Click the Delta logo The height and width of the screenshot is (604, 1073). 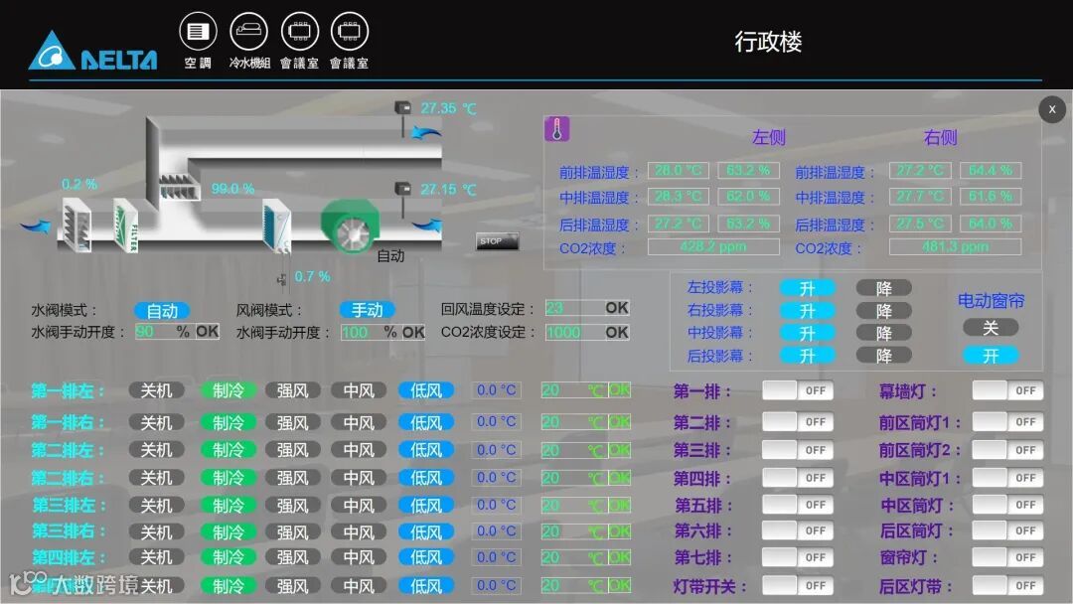point(92,51)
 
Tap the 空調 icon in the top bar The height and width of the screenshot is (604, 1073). point(198,32)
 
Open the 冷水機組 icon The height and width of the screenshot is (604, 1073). point(248,32)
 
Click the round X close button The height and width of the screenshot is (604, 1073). point(1052,109)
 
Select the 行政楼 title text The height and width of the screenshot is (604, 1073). point(768,42)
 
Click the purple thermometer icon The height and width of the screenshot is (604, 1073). point(556,129)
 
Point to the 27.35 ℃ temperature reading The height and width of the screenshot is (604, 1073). point(448,108)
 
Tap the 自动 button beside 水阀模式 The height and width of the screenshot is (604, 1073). point(162,311)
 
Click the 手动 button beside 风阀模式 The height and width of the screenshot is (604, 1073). point(367,311)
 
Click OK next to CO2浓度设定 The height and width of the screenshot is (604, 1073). point(617,333)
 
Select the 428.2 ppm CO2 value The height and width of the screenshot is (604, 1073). point(712,246)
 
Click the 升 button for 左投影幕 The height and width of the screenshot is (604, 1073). point(807,288)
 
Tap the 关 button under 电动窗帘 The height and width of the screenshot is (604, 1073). point(990,328)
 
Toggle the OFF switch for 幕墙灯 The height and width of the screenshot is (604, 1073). point(1005,391)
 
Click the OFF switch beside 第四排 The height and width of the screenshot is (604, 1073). point(797,478)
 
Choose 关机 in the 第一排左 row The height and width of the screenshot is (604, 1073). point(156,391)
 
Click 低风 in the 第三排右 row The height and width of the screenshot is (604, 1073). point(426,532)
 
